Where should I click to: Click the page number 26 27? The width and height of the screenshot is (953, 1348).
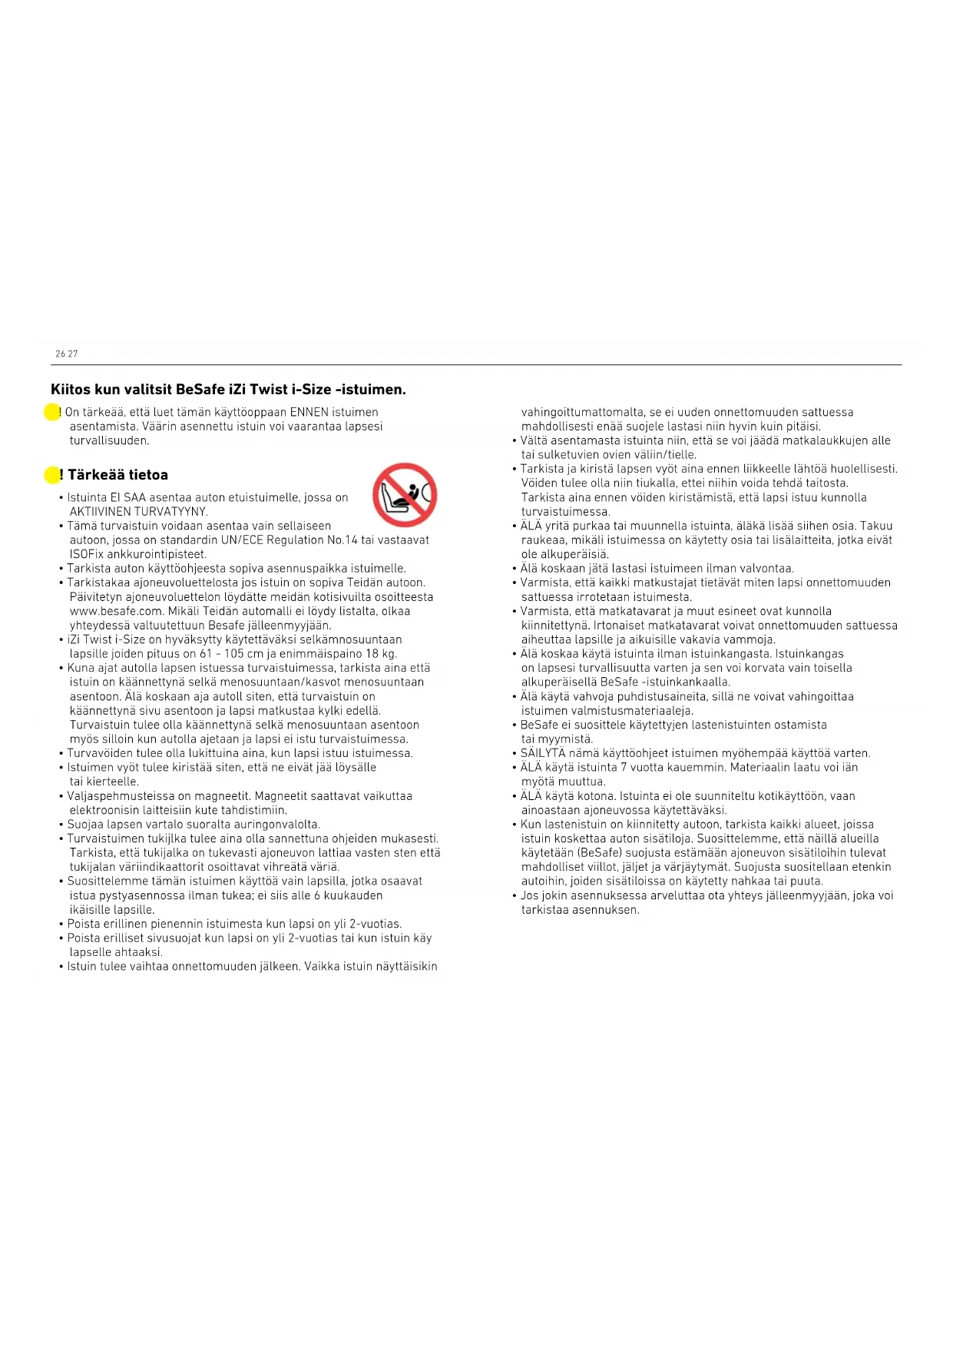pyautogui.click(x=67, y=354)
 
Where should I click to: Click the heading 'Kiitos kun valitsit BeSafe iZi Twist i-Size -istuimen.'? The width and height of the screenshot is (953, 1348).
pyautogui.click(x=228, y=390)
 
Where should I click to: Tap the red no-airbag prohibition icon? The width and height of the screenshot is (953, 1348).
pyautogui.click(x=405, y=495)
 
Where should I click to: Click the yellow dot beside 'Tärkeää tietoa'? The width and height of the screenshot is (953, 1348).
pyautogui.click(x=51, y=475)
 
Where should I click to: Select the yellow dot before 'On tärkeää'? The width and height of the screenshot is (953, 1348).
pyautogui.click(x=51, y=413)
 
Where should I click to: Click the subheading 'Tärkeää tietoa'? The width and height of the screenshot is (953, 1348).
pyautogui.click(x=117, y=475)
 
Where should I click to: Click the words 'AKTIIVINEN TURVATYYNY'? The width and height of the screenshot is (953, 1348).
pyautogui.click(x=138, y=512)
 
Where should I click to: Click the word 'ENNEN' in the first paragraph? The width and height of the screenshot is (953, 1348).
pyautogui.click(x=309, y=413)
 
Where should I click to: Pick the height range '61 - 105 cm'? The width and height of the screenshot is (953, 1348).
pyautogui.click(x=232, y=654)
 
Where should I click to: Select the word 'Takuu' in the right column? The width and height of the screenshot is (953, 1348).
pyautogui.click(x=876, y=526)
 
